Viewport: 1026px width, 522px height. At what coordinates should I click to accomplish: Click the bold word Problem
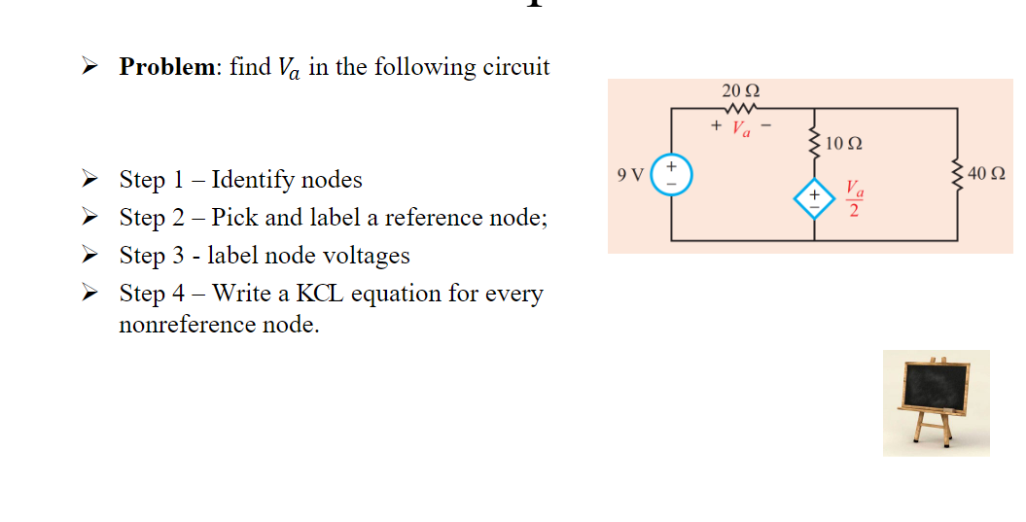click(166, 67)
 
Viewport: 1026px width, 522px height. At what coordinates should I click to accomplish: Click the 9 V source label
click(630, 176)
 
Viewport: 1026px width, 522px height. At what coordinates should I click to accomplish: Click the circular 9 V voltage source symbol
click(671, 176)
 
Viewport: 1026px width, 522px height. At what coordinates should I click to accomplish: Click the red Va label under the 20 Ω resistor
click(741, 127)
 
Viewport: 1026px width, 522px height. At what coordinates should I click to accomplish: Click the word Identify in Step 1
click(253, 181)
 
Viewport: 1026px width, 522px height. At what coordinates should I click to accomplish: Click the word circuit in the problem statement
click(515, 67)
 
